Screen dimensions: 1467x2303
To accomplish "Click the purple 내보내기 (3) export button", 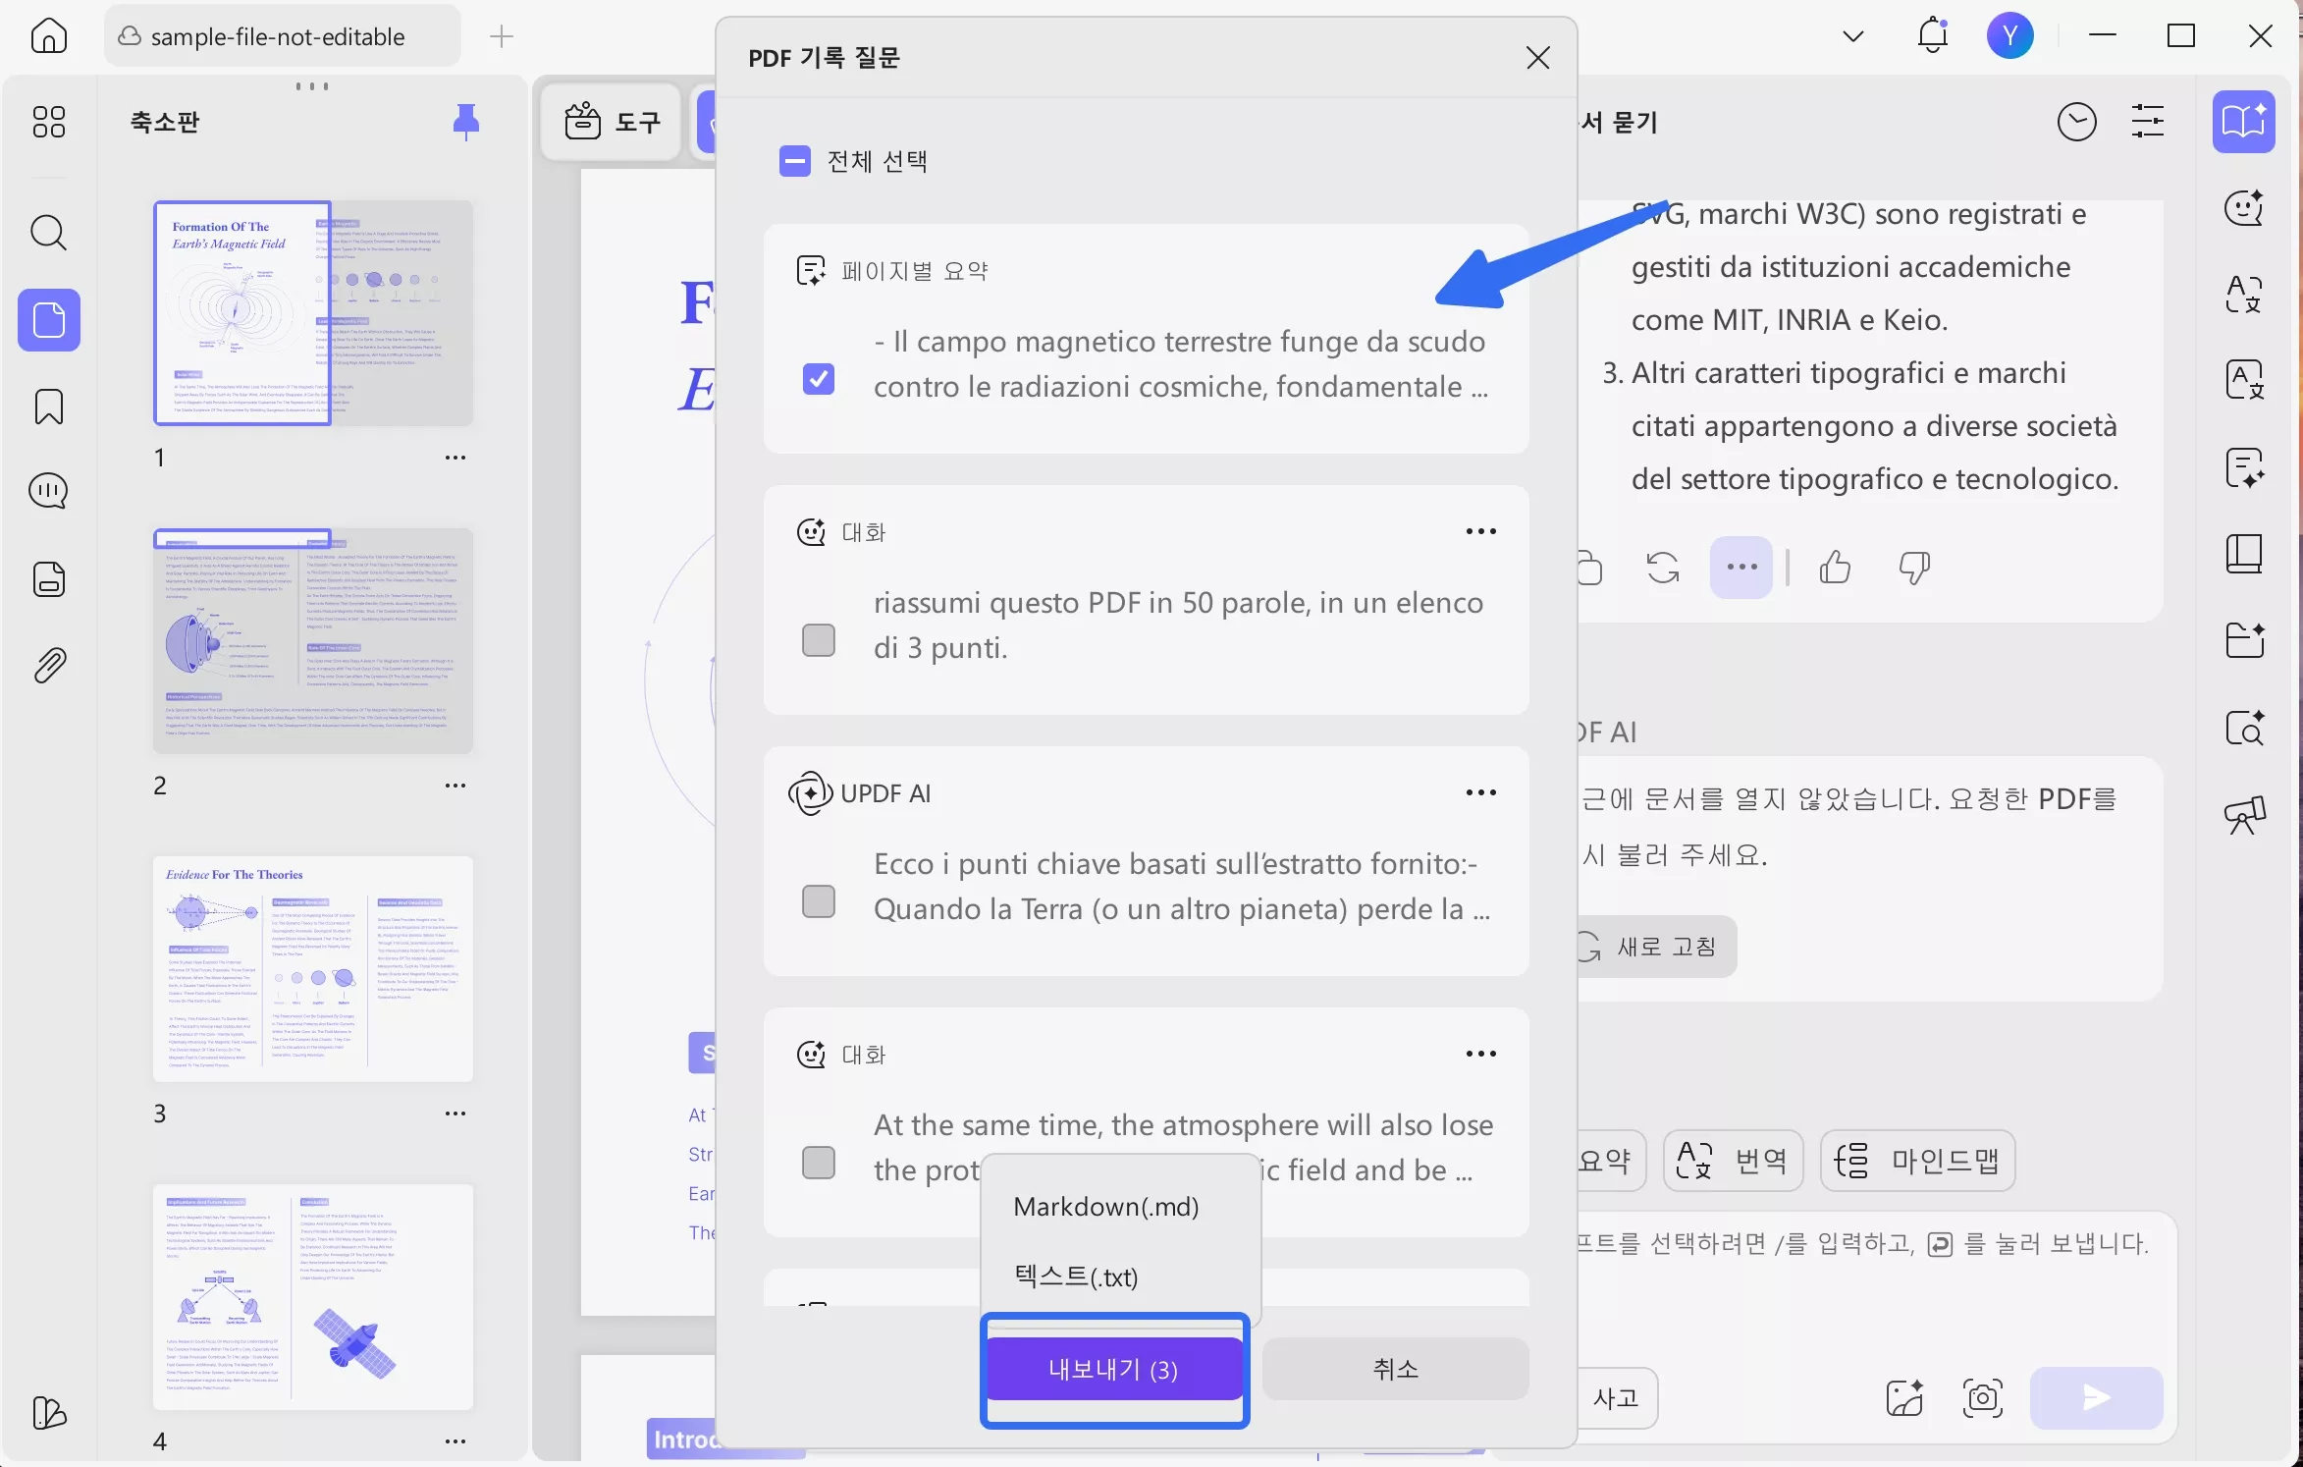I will click(x=1113, y=1369).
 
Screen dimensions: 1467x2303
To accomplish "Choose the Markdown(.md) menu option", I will click(x=1105, y=1207).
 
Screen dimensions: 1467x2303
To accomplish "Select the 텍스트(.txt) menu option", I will click(x=1076, y=1277).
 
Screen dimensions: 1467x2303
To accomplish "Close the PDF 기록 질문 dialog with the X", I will click(x=1537, y=58).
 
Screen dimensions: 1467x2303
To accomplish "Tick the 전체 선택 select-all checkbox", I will click(x=795, y=161).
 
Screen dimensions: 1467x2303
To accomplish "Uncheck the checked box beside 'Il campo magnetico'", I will click(x=819, y=379).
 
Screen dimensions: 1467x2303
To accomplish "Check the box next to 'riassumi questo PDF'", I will click(x=819, y=640).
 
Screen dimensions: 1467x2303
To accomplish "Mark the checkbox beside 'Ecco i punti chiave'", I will click(x=819, y=901).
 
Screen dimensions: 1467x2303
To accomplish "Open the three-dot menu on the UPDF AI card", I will click(x=1480, y=792).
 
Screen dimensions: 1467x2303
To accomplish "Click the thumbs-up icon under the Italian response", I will click(x=1835, y=568).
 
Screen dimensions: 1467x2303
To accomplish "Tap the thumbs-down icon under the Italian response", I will click(x=1914, y=568).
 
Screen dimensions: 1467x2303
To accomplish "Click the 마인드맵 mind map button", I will click(x=1917, y=1161).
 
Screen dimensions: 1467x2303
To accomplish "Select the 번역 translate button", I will click(x=1733, y=1161).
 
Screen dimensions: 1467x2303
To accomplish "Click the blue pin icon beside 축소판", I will click(x=466, y=122).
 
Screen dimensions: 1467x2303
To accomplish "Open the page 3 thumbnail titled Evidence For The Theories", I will click(x=313, y=968).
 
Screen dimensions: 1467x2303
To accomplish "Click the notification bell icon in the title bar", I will click(x=1933, y=36).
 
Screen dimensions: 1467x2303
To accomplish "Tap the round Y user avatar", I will click(x=2009, y=36).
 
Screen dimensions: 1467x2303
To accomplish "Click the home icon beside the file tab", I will click(x=49, y=36).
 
